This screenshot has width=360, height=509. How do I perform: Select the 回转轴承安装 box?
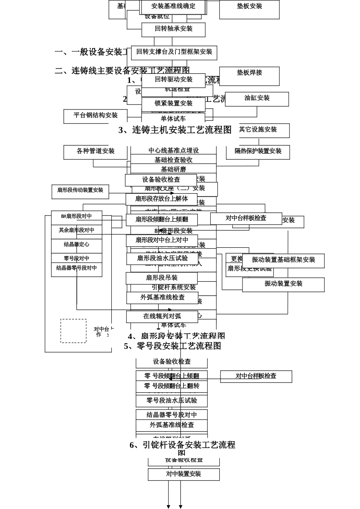(174, 29)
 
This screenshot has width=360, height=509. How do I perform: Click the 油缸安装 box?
(257, 98)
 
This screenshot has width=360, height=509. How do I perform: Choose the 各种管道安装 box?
(95, 151)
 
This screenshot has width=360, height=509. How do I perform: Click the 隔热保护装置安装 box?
(258, 151)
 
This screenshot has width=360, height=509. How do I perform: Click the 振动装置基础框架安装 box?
(283, 260)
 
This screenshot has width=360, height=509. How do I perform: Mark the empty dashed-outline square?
(74, 331)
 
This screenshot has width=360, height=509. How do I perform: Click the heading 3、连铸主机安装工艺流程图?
(175, 130)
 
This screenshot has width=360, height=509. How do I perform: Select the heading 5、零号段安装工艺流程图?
(173, 346)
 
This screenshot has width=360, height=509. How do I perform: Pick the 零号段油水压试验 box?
(172, 401)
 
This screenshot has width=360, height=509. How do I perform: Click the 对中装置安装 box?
(184, 474)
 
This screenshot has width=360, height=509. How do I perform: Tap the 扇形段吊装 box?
(162, 278)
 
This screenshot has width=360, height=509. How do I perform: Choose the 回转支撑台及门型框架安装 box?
(174, 52)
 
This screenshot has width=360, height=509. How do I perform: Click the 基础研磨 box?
(174, 169)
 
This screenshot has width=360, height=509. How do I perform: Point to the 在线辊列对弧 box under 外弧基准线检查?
(162, 316)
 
